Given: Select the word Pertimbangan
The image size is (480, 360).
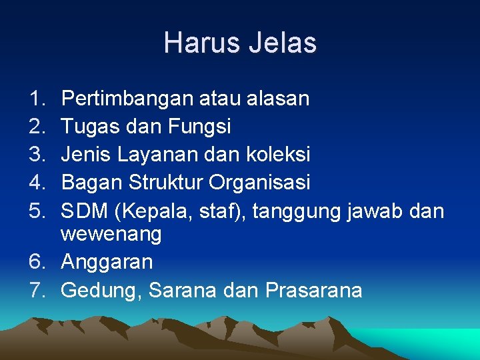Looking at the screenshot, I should (x=126, y=99).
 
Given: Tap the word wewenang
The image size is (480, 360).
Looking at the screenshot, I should (x=111, y=235).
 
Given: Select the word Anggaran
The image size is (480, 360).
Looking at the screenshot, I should (x=107, y=262).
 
